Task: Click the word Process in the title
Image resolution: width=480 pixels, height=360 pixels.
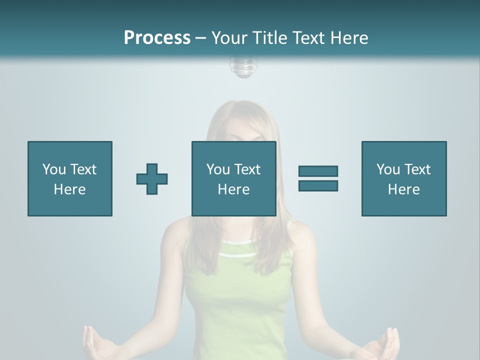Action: [157, 38]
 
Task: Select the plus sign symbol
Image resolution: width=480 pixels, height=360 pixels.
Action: [152, 178]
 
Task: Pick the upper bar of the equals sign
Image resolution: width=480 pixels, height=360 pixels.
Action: [318, 171]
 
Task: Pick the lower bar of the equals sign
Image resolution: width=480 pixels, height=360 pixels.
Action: [318, 185]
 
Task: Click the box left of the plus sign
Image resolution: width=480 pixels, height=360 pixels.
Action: [69, 178]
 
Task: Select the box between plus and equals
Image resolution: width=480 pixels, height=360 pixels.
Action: [233, 178]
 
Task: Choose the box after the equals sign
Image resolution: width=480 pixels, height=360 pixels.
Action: [403, 178]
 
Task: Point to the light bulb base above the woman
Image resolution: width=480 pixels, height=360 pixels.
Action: [241, 67]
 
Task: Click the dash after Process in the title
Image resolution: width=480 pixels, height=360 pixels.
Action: [200, 38]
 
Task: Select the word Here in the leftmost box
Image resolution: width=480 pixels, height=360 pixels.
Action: [69, 189]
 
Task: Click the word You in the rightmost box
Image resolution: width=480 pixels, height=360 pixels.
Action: [388, 169]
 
